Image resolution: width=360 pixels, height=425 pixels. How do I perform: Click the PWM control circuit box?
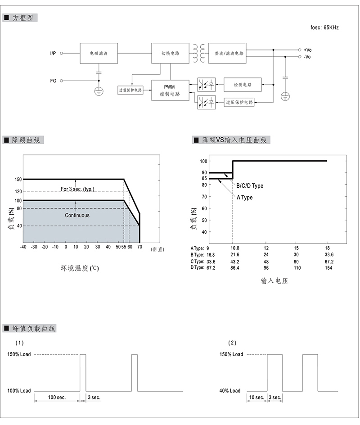click(x=170, y=90)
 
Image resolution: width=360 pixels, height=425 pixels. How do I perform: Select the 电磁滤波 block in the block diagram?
click(x=99, y=53)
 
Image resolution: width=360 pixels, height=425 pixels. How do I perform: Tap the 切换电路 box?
click(x=170, y=53)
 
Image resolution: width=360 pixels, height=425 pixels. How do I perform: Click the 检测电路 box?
click(x=243, y=85)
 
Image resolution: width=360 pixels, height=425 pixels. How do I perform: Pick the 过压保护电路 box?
click(x=239, y=102)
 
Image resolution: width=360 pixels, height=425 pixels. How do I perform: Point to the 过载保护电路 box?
click(x=130, y=90)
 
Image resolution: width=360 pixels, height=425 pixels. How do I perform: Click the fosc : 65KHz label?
click(x=324, y=27)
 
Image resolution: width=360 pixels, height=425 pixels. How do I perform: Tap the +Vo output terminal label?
click(x=307, y=50)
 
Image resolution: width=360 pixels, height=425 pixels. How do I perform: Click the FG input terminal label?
click(x=53, y=81)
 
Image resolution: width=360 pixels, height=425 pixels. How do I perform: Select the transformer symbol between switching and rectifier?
click(x=199, y=54)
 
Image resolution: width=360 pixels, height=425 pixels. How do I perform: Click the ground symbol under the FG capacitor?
click(x=99, y=91)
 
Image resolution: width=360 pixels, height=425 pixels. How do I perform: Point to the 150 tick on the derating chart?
click(x=18, y=180)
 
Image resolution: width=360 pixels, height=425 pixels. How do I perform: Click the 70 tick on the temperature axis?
click(x=139, y=247)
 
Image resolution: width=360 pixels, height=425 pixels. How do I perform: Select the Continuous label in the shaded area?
click(x=77, y=215)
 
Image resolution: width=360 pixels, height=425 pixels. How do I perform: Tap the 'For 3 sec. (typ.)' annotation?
click(x=77, y=189)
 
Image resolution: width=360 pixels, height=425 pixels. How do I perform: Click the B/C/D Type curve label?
click(x=250, y=185)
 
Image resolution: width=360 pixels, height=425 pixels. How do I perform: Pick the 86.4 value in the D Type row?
click(x=235, y=268)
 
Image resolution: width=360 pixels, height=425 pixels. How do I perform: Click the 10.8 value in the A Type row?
click(x=235, y=248)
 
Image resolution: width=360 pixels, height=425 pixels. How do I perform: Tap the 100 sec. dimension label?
click(x=57, y=398)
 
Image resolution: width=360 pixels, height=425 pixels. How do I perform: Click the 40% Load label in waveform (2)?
click(x=230, y=391)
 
